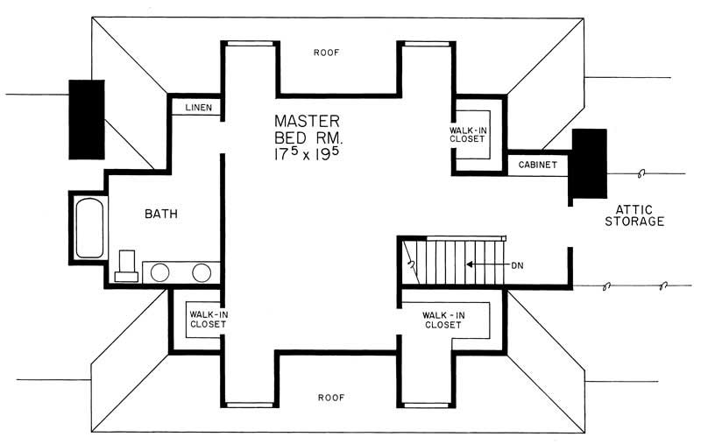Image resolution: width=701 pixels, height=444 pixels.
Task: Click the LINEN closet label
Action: [x=195, y=108]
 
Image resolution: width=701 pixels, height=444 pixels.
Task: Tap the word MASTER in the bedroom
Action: [x=306, y=121]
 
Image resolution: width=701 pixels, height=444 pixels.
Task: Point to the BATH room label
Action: [x=162, y=213]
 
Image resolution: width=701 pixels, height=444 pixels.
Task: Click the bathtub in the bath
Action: [x=89, y=229]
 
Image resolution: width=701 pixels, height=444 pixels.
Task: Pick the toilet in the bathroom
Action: [x=126, y=265]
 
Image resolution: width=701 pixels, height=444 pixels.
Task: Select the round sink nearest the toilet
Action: [x=159, y=272]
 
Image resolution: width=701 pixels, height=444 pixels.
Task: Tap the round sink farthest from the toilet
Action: [x=202, y=272]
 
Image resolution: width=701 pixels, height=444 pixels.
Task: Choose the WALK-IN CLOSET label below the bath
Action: [x=208, y=318]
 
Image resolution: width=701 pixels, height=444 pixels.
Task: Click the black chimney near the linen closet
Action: [x=87, y=119]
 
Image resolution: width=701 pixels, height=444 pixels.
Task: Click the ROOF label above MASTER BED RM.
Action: [x=326, y=53]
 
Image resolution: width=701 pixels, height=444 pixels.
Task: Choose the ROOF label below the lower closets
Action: [x=330, y=397]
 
